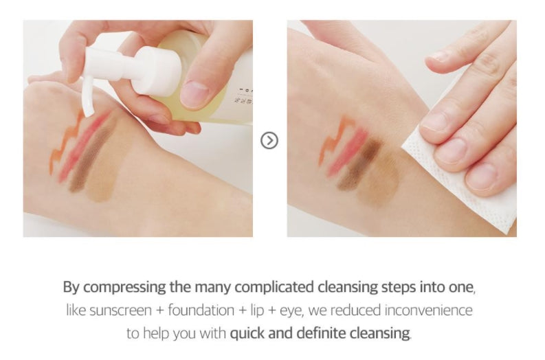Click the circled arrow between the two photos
tap(269, 141)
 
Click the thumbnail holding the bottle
tap(194, 94)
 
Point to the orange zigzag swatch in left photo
tap(65, 142)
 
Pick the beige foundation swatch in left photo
tap(108, 170)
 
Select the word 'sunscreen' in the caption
tap(120, 311)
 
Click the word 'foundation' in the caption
tap(201, 311)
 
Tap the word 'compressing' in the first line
tap(124, 288)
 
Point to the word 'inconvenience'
tap(428, 311)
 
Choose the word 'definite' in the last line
tap(321, 333)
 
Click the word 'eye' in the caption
tap(291, 311)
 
